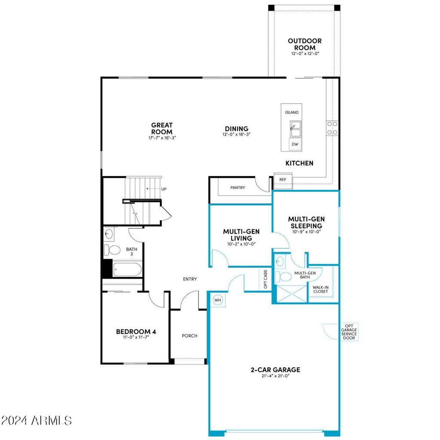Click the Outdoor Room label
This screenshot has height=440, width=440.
305,44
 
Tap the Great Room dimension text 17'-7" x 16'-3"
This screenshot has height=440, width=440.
162,138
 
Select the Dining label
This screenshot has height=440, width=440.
236,128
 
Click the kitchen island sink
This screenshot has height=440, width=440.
295,128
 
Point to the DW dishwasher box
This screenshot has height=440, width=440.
295,144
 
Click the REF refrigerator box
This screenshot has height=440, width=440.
283,180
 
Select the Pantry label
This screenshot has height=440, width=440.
238,188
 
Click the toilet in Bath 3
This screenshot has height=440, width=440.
114,250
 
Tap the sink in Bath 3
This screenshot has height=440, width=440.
109,234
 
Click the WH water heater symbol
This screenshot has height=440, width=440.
217,299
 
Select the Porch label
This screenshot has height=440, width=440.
189,336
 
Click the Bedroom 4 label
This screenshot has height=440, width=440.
136,331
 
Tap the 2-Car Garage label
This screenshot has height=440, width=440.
275,370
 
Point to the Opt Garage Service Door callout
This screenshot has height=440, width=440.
348,332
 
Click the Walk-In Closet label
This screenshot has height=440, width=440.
320,289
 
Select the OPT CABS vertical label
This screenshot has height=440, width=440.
265,279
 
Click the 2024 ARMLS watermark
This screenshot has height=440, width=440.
36,420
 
